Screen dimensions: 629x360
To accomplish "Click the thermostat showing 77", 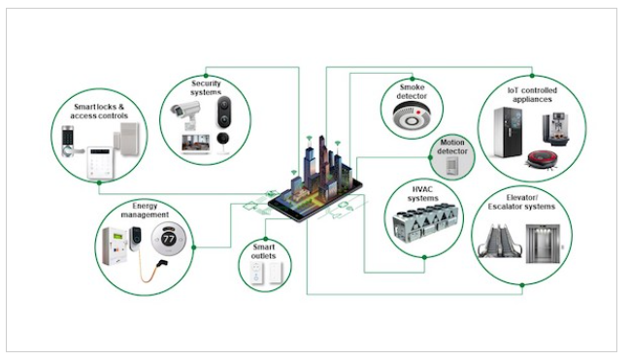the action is click(x=169, y=240).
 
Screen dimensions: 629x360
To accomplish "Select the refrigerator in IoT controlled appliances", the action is click(x=508, y=132).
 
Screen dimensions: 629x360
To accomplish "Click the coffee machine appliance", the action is click(x=556, y=129).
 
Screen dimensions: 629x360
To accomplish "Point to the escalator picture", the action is click(x=500, y=241).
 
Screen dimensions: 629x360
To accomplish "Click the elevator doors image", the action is click(x=543, y=244).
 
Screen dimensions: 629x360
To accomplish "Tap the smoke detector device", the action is click(x=411, y=115).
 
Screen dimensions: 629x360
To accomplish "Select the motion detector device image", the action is click(x=452, y=165).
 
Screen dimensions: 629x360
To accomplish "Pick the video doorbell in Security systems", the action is click(x=224, y=112).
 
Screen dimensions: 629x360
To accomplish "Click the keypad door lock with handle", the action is click(x=69, y=142).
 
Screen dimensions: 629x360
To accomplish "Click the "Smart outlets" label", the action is click(x=264, y=251).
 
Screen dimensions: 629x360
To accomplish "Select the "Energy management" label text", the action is click(x=145, y=211).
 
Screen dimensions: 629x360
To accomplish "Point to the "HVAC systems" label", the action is click(x=423, y=194).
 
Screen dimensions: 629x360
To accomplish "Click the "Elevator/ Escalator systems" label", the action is click(x=521, y=202).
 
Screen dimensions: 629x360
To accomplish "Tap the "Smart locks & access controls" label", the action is click(x=99, y=112).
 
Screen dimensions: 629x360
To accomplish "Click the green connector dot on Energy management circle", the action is click(x=194, y=247).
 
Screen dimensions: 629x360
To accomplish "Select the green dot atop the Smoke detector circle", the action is click(x=412, y=79).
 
